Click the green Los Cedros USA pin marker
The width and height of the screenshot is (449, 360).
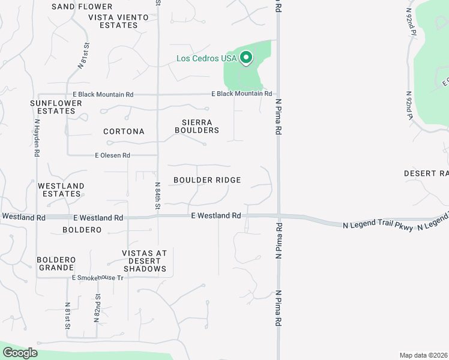click(x=246, y=58)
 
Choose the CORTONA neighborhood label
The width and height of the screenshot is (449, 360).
click(x=124, y=131)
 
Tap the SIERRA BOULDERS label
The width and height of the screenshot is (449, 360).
click(x=196, y=126)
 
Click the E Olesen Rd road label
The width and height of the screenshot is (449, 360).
click(x=112, y=155)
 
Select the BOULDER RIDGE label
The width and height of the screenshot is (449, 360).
click(x=207, y=180)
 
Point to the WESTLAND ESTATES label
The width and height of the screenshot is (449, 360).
click(x=61, y=190)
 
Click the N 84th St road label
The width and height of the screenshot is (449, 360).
click(x=158, y=196)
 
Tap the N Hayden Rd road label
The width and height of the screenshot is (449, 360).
click(x=37, y=137)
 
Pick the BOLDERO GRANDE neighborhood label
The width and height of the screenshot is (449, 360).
click(x=56, y=264)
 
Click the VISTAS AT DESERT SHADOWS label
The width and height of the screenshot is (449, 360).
click(x=144, y=261)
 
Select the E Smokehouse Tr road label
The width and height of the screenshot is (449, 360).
click(x=97, y=278)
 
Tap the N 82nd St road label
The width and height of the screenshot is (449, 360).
click(x=97, y=308)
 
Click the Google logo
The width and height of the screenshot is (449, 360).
click(x=20, y=353)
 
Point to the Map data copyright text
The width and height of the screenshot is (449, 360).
click(x=424, y=355)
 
